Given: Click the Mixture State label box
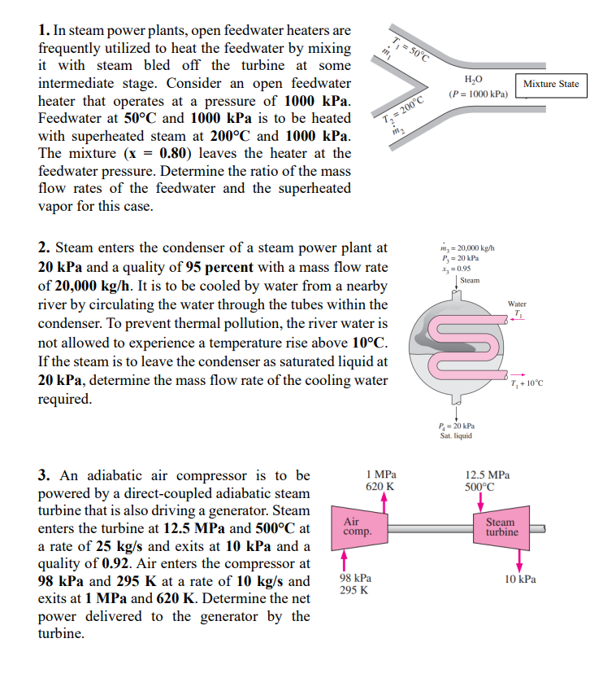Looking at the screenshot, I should click(x=551, y=84).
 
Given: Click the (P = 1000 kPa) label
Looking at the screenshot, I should click(x=478, y=94).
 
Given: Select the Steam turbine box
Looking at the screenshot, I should click(x=501, y=527).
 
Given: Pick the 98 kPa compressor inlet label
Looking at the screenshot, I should click(x=354, y=577).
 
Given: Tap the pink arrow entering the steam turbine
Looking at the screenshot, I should click(x=479, y=501).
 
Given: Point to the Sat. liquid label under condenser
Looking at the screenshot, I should click(x=456, y=435).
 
